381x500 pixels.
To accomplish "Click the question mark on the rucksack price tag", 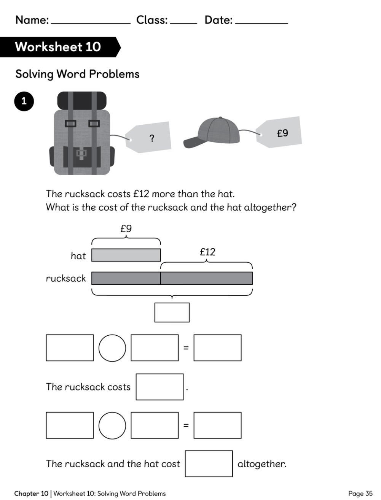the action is coord(152,138).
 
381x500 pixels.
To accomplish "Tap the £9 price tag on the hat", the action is coord(279,132).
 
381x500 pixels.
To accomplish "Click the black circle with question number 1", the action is coord(24,101).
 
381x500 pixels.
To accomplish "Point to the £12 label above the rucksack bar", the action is coord(207,252).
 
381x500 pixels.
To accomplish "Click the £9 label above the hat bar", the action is coord(126,228).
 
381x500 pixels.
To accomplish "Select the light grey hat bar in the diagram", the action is coord(126,255).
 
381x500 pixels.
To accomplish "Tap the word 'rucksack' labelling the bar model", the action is coord(66,278).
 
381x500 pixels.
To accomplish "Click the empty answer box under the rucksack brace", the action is coord(172,312).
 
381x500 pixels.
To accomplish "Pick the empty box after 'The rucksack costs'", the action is coord(159,387).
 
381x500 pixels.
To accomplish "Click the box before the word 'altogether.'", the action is coord(209,463).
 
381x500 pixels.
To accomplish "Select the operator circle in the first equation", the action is coord(112,348).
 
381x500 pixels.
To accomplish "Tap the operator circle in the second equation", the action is coord(112,425).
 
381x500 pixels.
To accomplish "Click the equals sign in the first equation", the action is coord(186,348).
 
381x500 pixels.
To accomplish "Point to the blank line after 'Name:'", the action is coord(91,23).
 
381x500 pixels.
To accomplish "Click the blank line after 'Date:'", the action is coord(261,23).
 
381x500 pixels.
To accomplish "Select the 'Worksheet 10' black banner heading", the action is coord(61,47).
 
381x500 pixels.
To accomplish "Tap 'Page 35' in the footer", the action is coord(360,494).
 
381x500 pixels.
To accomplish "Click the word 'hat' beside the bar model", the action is coord(78,256).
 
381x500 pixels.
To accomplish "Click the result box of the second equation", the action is coord(217,425).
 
